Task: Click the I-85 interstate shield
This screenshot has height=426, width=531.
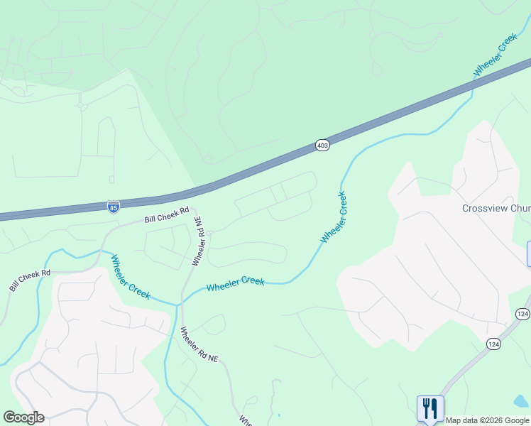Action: (x=114, y=206)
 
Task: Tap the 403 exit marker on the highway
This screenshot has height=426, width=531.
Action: (x=322, y=146)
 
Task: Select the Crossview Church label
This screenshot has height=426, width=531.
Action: (x=496, y=208)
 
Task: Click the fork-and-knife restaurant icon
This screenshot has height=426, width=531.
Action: (x=430, y=409)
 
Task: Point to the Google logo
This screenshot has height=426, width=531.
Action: (x=23, y=417)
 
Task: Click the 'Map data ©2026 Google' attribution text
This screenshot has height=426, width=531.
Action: (x=487, y=420)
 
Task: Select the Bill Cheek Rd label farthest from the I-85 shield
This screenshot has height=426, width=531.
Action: (x=31, y=280)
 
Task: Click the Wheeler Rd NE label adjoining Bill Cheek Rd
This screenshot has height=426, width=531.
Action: (x=199, y=244)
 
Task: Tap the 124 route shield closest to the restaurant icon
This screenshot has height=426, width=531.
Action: (x=494, y=344)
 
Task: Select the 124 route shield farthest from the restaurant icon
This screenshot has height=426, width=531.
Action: (x=522, y=313)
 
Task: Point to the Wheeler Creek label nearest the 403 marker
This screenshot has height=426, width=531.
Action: (x=334, y=217)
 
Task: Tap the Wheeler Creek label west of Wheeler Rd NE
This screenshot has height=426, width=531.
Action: (x=128, y=276)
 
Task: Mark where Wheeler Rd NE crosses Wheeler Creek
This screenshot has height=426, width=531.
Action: (x=180, y=303)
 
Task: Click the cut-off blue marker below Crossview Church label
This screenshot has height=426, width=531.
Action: (x=528, y=253)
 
